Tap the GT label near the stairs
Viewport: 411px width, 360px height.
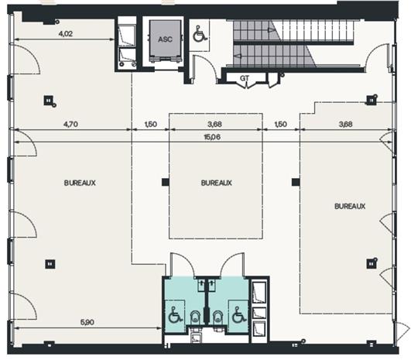pos(244,78)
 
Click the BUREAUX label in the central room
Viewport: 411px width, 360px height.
pos(215,183)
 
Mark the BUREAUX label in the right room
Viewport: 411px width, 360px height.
pos(350,206)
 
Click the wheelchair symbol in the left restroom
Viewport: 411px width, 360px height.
pos(174,316)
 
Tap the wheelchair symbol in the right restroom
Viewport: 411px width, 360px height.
pos(238,316)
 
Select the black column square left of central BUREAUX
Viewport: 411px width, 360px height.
pos(164,183)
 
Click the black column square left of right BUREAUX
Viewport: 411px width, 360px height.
pos(294,183)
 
